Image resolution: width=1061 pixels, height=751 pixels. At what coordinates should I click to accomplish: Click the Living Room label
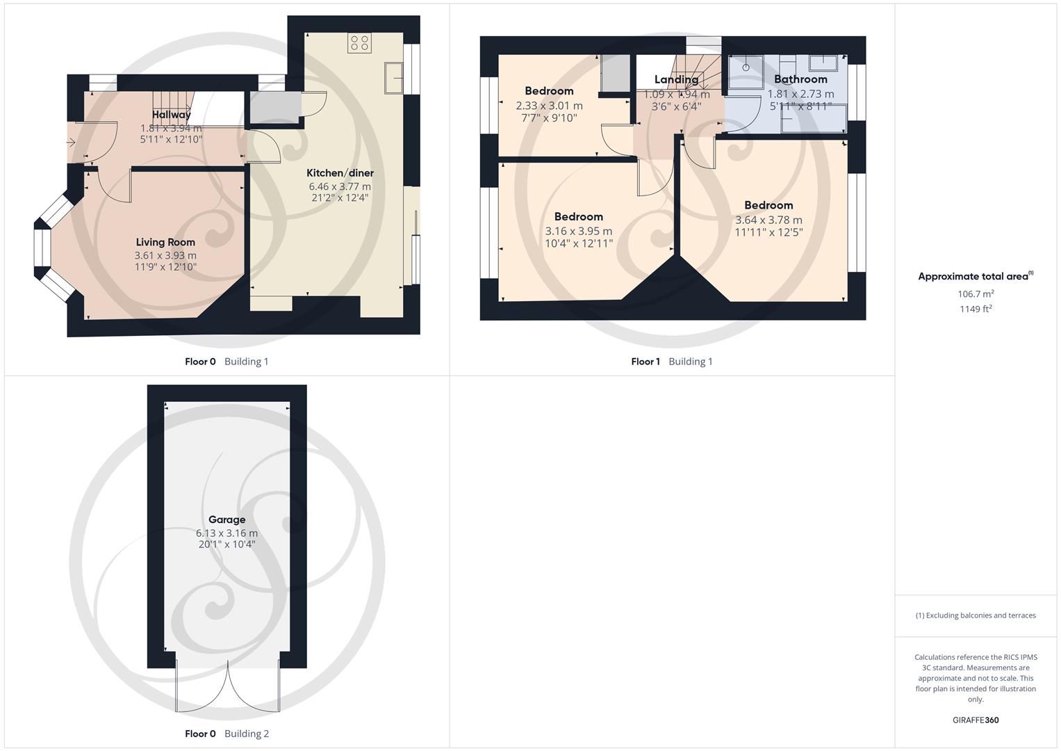click(x=165, y=242)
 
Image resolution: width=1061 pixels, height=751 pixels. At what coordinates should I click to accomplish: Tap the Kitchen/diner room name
click(x=340, y=173)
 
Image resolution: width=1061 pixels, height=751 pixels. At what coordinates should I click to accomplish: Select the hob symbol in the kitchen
click(x=359, y=42)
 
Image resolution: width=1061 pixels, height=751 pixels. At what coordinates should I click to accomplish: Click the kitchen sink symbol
click(x=393, y=77)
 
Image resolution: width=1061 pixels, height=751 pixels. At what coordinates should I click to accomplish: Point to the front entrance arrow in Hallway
click(x=71, y=143)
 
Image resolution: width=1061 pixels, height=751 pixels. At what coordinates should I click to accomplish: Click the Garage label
click(x=227, y=519)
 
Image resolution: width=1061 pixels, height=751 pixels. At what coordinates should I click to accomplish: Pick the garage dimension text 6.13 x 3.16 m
click(x=227, y=533)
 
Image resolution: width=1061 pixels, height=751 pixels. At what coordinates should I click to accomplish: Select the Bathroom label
click(x=800, y=79)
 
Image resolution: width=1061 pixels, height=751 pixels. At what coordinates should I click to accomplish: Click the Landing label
click(x=676, y=79)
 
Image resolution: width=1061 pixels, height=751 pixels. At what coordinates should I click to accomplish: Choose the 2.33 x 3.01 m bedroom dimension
click(x=549, y=106)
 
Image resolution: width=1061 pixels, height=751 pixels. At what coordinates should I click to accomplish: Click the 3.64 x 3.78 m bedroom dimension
click(x=768, y=220)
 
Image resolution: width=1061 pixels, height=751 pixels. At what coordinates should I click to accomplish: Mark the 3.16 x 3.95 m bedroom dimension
click(x=578, y=231)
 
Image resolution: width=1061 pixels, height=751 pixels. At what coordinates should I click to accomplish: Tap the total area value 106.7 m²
click(x=976, y=294)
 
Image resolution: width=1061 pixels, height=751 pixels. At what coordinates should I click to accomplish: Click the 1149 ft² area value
click(x=976, y=309)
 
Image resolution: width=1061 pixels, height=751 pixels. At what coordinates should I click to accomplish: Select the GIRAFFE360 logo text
click(x=976, y=720)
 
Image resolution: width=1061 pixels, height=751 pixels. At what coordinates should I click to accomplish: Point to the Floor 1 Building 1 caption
click(x=671, y=362)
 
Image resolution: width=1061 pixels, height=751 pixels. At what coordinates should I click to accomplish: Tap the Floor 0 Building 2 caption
click(x=227, y=734)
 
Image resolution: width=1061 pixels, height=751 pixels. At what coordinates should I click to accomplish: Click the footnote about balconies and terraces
click(x=976, y=615)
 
